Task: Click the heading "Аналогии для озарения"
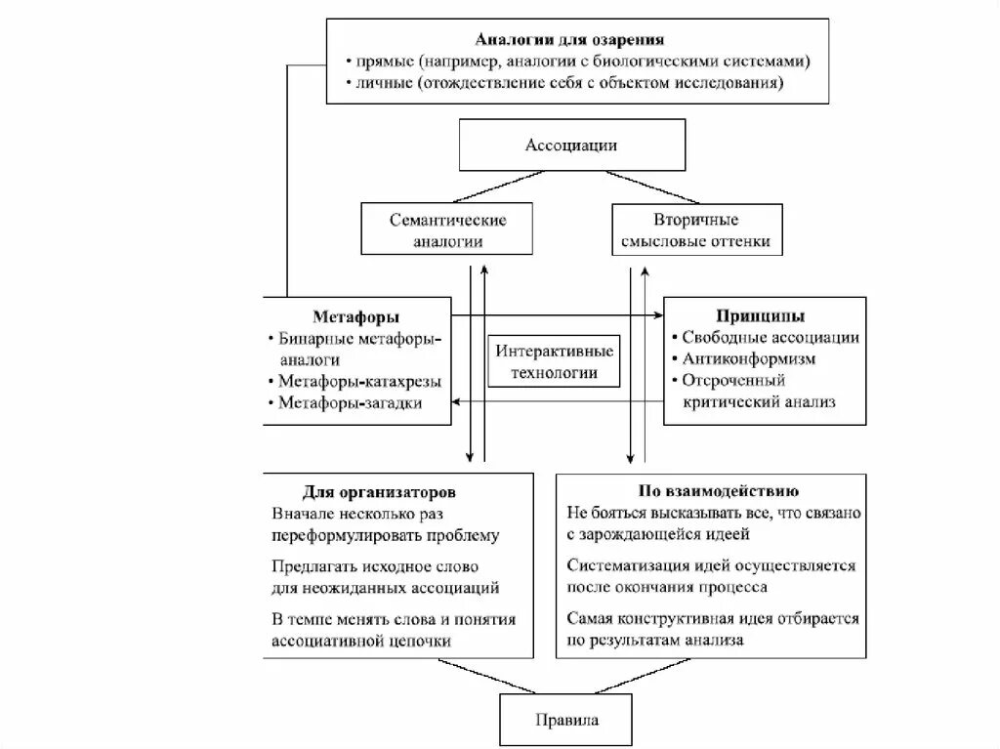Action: point(570,40)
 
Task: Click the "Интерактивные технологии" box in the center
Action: point(555,361)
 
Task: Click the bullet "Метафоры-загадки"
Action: point(350,402)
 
